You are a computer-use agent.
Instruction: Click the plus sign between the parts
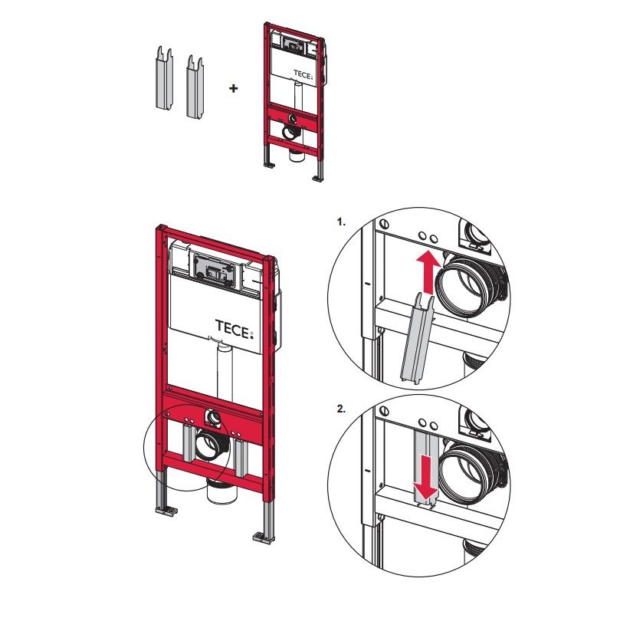tap(234, 88)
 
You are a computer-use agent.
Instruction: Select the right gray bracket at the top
tap(195, 87)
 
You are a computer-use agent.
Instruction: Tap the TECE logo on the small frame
tap(303, 74)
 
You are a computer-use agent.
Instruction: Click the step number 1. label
tap(341, 222)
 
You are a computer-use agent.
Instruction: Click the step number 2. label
tap(341, 409)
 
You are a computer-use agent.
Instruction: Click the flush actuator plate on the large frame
tap(214, 271)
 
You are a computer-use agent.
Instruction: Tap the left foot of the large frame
tap(166, 510)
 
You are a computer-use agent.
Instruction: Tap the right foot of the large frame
tap(264, 538)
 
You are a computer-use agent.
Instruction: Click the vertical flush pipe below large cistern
tap(225, 371)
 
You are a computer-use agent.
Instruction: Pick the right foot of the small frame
tap(318, 178)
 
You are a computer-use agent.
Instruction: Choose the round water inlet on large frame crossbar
tap(214, 417)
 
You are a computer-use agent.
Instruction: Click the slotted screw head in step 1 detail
tap(383, 224)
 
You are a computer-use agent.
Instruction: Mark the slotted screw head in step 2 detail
tap(383, 411)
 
